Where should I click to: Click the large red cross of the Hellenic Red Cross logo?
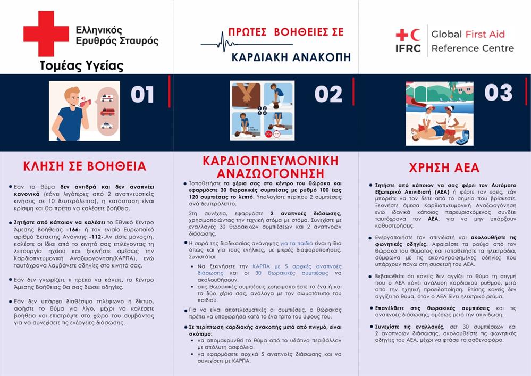coord(46,34)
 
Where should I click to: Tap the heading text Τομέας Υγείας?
coord(81,66)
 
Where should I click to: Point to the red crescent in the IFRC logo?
coord(415,35)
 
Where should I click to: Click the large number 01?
coord(142,94)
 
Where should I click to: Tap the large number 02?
coord(328,94)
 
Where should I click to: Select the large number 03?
coord(498,93)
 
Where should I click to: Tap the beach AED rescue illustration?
coord(439,113)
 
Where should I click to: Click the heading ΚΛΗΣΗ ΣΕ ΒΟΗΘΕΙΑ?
coord(85,166)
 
